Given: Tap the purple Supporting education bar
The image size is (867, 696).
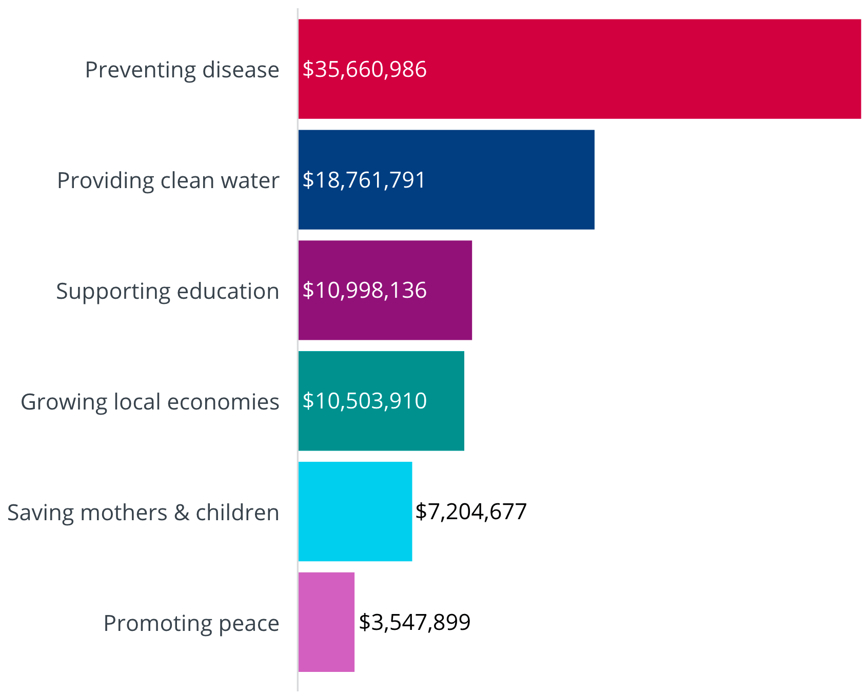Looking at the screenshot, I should pyautogui.click(x=446, y=290).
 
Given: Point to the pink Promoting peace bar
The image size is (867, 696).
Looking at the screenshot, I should pyautogui.click(x=326, y=622).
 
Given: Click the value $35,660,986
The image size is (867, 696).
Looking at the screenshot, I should pyautogui.click(x=364, y=70).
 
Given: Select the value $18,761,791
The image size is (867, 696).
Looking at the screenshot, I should pyautogui.click(x=364, y=180).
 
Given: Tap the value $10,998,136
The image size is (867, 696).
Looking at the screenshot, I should pyautogui.click(x=364, y=291).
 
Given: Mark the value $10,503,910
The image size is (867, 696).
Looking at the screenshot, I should pyautogui.click(x=364, y=401).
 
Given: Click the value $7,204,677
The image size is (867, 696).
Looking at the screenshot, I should pyautogui.click(x=471, y=512).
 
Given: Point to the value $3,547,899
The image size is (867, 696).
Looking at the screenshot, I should pyautogui.click(x=415, y=623).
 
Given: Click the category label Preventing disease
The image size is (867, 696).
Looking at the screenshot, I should pyautogui.click(x=182, y=70).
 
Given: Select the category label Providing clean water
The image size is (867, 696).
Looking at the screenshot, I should pyautogui.click(x=168, y=180).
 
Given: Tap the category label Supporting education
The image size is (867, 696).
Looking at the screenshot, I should pyautogui.click(x=167, y=291).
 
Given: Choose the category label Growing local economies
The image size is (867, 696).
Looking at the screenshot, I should pyautogui.click(x=150, y=402).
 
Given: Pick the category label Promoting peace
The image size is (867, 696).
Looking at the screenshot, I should pyautogui.click(x=191, y=623).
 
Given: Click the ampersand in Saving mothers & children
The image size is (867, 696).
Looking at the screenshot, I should pyautogui.click(x=182, y=513).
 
